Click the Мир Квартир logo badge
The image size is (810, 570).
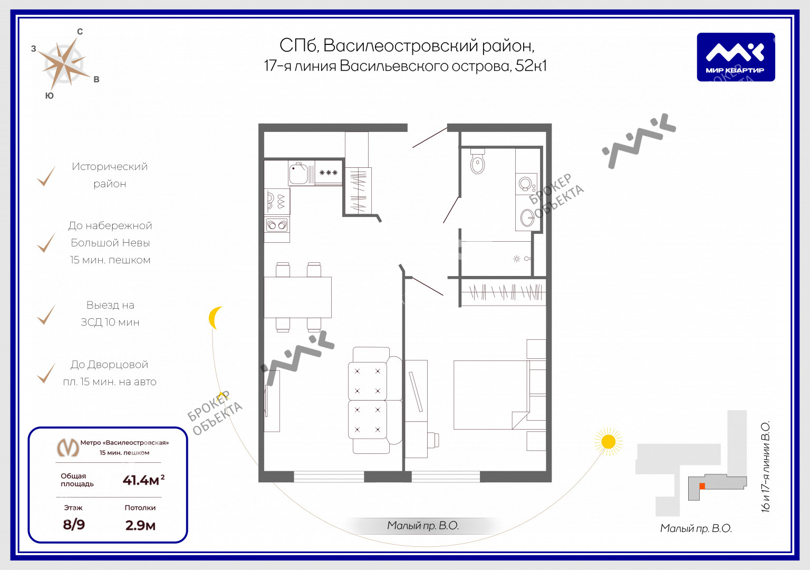736,57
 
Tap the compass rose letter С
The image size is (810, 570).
80,32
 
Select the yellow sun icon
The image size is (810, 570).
608,442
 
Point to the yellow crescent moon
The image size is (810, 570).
215,318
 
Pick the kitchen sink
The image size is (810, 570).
298,173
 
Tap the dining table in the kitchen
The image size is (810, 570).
297,297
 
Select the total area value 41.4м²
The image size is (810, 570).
143,480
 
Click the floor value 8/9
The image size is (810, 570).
74,525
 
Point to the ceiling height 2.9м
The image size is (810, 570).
140,525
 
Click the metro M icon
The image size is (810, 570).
67,448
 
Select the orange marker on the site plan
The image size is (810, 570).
702,486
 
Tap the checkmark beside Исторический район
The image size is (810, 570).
46,176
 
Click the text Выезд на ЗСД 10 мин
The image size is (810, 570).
110,313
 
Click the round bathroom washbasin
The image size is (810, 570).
527,218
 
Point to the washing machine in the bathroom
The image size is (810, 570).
526,184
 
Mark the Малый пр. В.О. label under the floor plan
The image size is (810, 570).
423,525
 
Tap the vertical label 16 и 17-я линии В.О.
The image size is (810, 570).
766,467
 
